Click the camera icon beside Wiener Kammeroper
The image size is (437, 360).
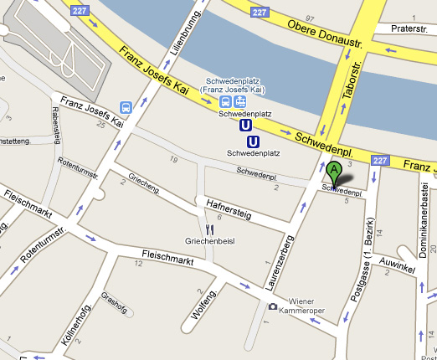[272, 307]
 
